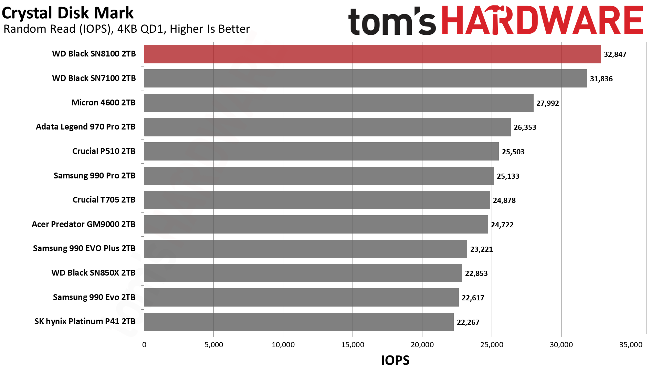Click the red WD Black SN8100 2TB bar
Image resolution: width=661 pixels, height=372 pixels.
[372, 54]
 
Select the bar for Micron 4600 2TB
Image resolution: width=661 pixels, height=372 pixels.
[338, 103]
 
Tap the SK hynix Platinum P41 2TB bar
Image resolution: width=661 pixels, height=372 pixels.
[298, 322]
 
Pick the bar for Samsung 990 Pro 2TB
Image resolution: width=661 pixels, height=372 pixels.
[318, 176]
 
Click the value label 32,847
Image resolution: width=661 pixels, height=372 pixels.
[615, 54]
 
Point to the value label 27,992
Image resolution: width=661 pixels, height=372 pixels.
[547, 103]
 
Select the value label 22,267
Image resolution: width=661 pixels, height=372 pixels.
[468, 322]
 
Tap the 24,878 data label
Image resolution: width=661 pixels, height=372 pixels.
[504, 200]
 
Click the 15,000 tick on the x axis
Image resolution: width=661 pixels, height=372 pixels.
[353, 345]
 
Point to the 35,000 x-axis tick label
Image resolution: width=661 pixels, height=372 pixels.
[631, 345]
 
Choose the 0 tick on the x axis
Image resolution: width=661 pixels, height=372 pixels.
[144, 345]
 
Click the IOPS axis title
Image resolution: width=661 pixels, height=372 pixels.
[395, 360]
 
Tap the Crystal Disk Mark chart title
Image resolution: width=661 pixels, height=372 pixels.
[68, 13]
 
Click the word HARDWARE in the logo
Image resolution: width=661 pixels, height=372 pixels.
[542, 21]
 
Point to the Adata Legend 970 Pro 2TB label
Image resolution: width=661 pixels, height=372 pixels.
[86, 127]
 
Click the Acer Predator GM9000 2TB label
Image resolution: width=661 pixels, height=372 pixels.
[84, 224]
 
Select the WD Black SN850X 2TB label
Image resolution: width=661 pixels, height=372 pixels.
[93, 273]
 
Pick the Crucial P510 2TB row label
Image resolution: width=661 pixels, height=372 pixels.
[104, 151]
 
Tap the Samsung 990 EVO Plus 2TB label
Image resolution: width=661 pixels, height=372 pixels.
[84, 248]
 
